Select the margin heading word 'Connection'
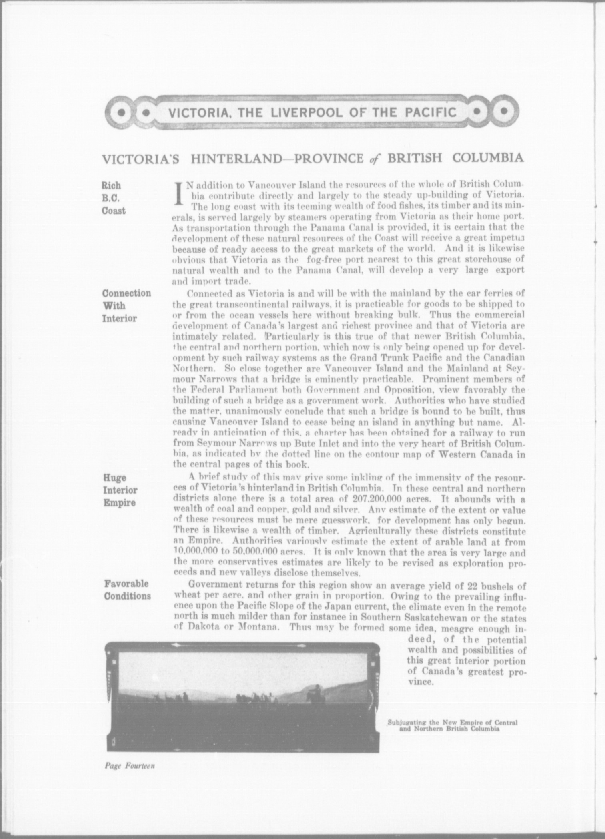(127, 293)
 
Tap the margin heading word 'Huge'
(115, 478)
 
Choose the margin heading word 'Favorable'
(126, 584)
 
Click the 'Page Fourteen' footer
(129, 766)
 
